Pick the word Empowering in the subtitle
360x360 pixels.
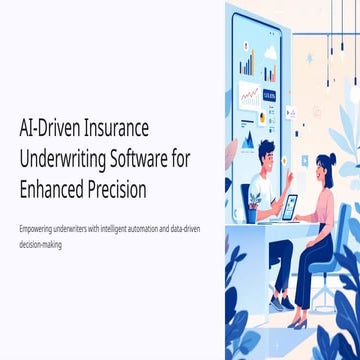(35, 229)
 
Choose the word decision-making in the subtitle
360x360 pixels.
(40, 241)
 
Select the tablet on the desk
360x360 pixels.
(289, 208)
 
